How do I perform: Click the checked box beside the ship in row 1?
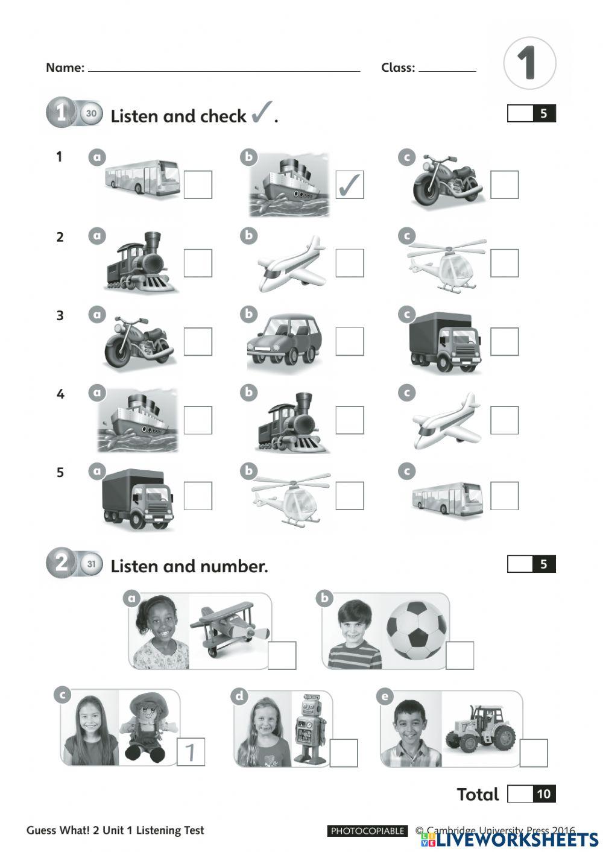click(x=350, y=185)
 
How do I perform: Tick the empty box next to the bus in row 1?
click(x=198, y=185)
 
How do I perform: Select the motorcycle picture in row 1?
click(x=447, y=181)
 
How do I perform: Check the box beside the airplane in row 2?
click(x=350, y=263)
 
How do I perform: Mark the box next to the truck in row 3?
click(x=504, y=341)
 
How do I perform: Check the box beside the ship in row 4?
click(x=198, y=420)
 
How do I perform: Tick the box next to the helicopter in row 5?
click(x=350, y=496)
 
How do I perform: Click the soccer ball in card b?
click(x=417, y=630)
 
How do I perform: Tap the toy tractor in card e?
click(x=481, y=729)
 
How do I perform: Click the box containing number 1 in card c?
click(x=191, y=752)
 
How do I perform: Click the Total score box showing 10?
click(x=531, y=794)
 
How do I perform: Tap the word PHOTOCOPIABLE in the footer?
click(x=367, y=831)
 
